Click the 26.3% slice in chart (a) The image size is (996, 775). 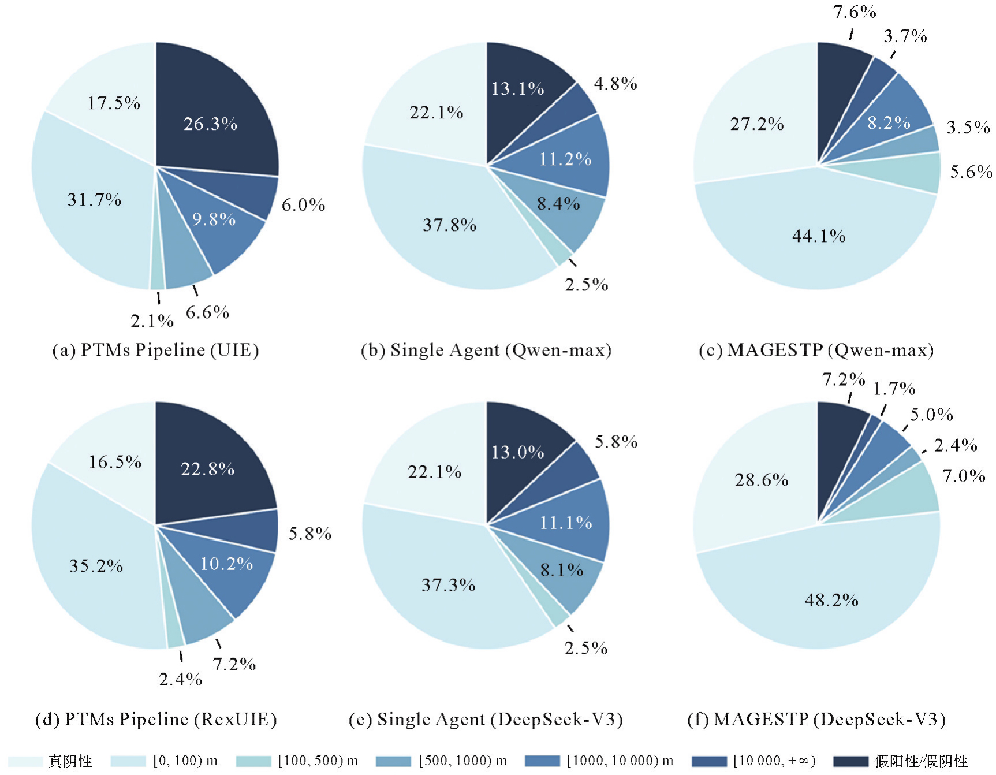pyautogui.click(x=211, y=124)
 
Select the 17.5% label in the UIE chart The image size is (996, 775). pyautogui.click(x=114, y=103)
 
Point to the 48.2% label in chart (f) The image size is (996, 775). pyautogui.click(x=831, y=600)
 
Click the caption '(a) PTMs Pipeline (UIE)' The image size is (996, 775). pyautogui.click(x=155, y=350)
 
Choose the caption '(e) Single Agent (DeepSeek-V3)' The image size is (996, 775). pyautogui.click(x=486, y=719)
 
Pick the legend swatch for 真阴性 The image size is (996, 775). pyautogui.click(x=25, y=761)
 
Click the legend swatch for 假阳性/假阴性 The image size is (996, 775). pyautogui.click(x=850, y=761)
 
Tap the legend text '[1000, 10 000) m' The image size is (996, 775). pyautogui.click(x=620, y=761)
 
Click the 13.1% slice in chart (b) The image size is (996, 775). pyautogui.click(x=517, y=88)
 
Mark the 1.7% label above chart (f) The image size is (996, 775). pyautogui.click(x=894, y=389)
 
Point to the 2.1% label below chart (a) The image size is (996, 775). pyautogui.click(x=152, y=321)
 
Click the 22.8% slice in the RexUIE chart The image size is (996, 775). pyautogui.click(x=208, y=468)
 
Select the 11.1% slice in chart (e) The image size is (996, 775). pyautogui.click(x=566, y=523)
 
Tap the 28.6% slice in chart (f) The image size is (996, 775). pyautogui.click(x=761, y=480)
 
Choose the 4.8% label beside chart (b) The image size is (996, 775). pyautogui.click(x=615, y=84)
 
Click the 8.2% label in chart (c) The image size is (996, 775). pyautogui.click(x=889, y=122)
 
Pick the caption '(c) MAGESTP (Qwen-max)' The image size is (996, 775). pyautogui.click(x=816, y=350)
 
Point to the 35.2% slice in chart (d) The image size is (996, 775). pyautogui.click(x=96, y=566)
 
